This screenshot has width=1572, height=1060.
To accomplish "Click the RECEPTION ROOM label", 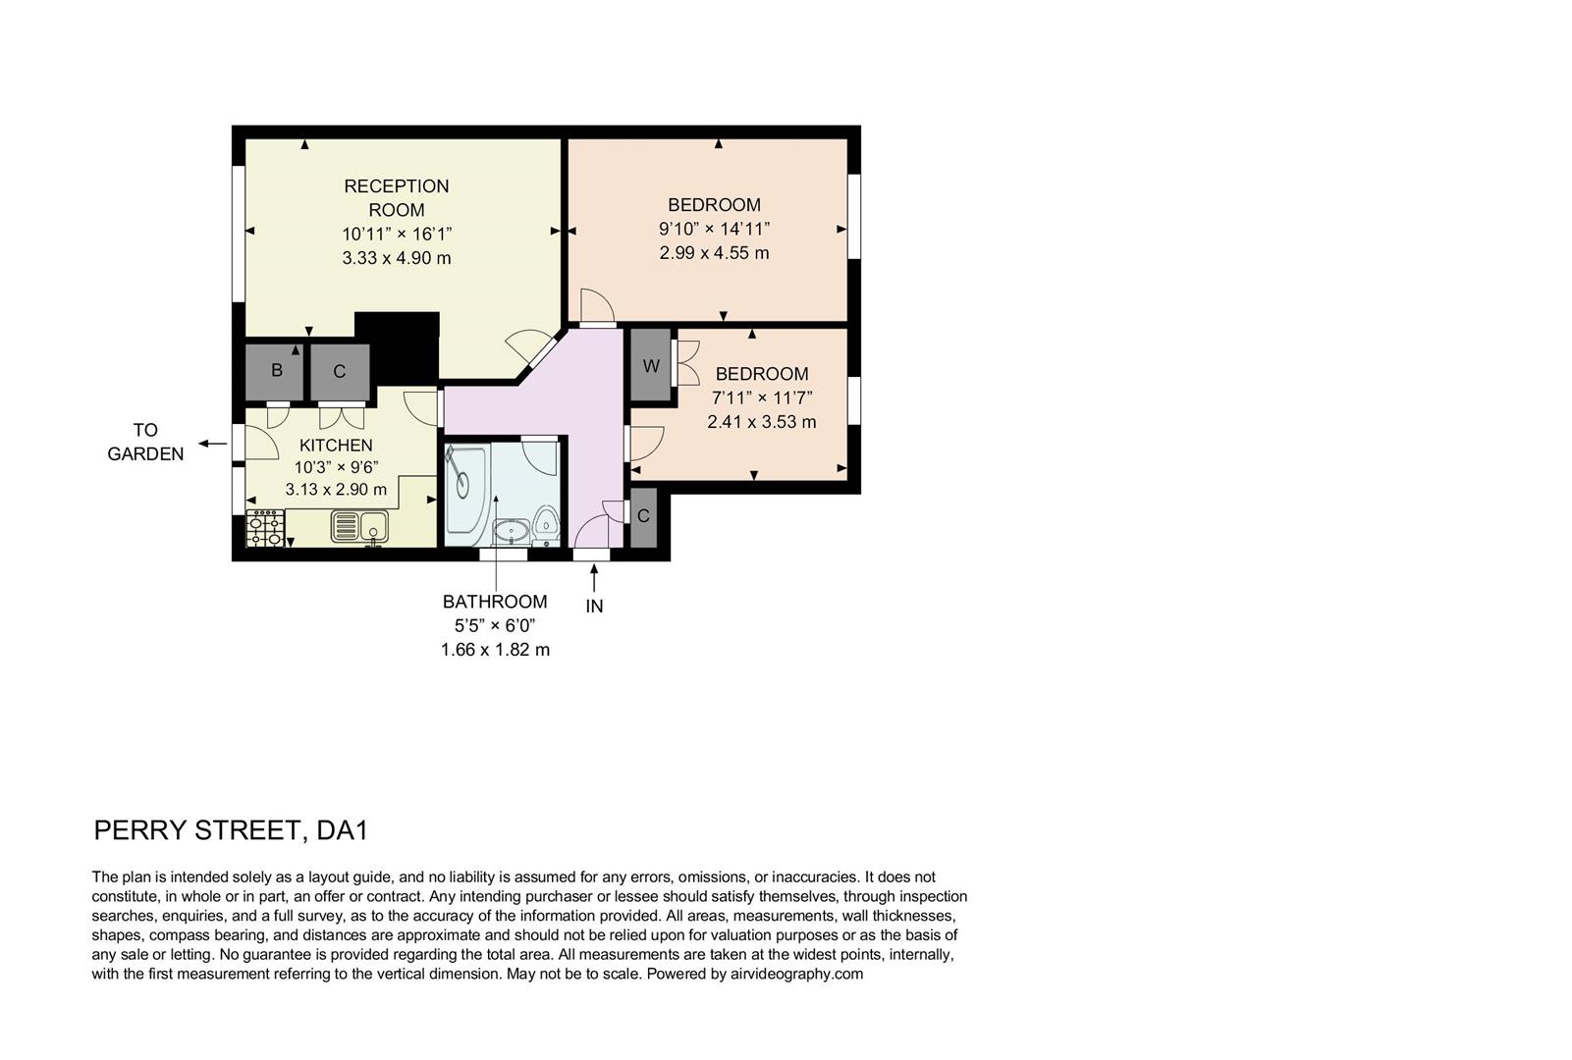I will [396, 197].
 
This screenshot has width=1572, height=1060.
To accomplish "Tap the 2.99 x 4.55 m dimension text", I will [714, 253].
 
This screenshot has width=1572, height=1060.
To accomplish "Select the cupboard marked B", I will [277, 371].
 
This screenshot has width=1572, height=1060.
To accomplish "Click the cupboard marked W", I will [651, 366].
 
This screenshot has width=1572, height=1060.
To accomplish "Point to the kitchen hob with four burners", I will [265, 528].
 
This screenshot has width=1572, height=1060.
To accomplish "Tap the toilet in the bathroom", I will [547, 522].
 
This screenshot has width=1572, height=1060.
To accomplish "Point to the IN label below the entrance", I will [594, 607].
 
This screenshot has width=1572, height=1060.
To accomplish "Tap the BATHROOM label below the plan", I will [495, 602].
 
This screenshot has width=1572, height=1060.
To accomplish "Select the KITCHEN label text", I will [336, 446].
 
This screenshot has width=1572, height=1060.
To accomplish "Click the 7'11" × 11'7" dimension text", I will [762, 397].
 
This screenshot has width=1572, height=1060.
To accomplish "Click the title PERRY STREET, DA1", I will [231, 830].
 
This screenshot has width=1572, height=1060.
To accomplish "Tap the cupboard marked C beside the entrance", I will [643, 517].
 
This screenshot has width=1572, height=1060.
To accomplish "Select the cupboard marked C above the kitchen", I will [340, 372].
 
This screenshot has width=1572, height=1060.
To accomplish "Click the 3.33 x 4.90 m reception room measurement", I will [396, 258].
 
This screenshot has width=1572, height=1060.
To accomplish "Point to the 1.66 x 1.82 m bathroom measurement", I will [495, 650].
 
